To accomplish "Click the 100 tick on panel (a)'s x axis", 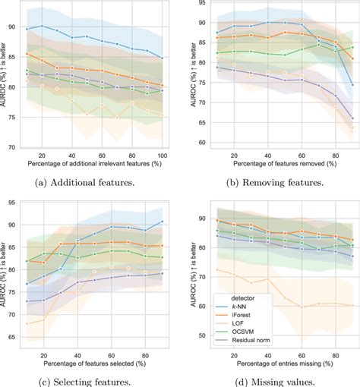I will (162, 154).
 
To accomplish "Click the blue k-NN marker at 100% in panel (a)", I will (162, 58).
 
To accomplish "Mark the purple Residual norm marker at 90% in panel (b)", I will (352, 118).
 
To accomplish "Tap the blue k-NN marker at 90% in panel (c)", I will (162, 222).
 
